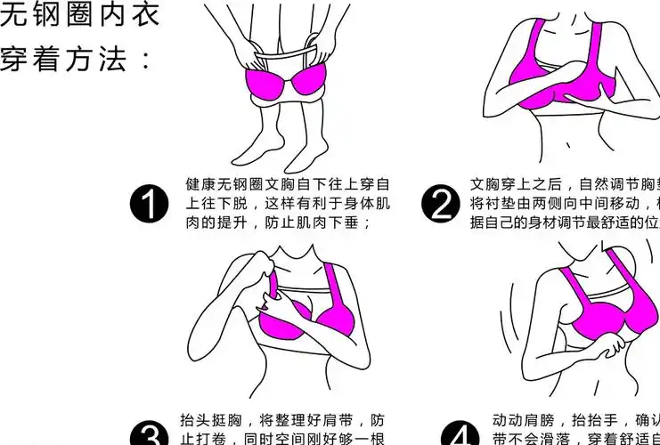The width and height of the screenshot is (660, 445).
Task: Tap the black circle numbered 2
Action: click(442, 205)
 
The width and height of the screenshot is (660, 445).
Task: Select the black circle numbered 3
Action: click(149, 434)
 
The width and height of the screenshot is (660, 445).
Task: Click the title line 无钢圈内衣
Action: click(80, 15)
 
